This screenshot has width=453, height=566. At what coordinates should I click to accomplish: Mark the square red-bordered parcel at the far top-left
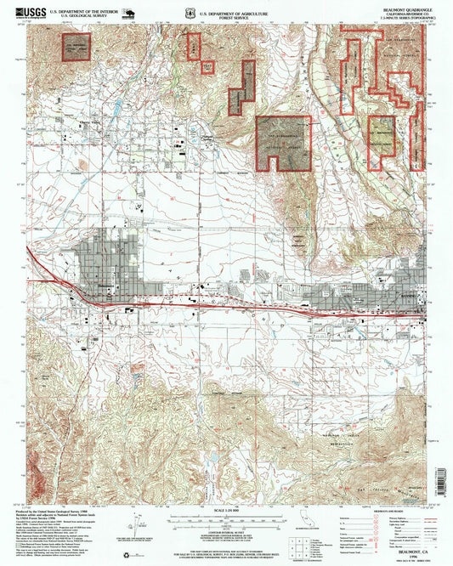click(74, 47)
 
